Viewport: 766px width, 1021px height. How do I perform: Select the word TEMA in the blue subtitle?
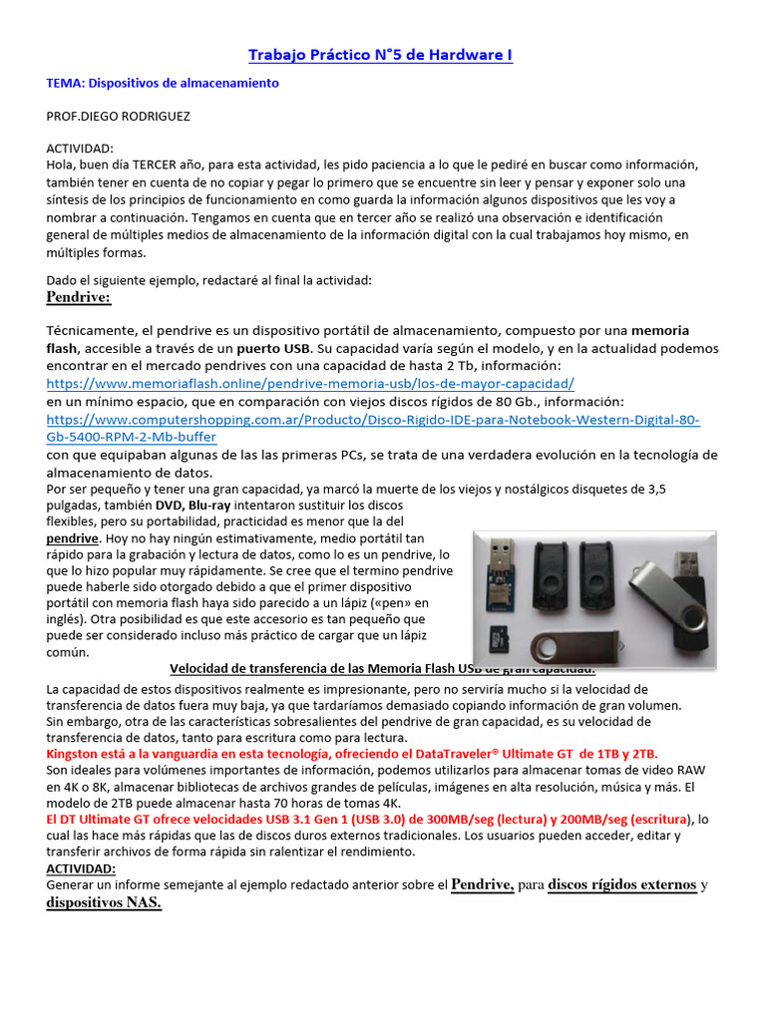click(64, 84)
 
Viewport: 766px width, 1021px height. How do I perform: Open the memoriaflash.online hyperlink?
click(310, 383)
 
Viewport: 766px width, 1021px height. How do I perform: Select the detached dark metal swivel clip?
click(563, 645)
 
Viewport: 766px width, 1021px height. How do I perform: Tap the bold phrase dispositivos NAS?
click(104, 903)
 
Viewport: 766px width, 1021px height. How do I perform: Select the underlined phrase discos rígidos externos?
click(622, 884)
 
